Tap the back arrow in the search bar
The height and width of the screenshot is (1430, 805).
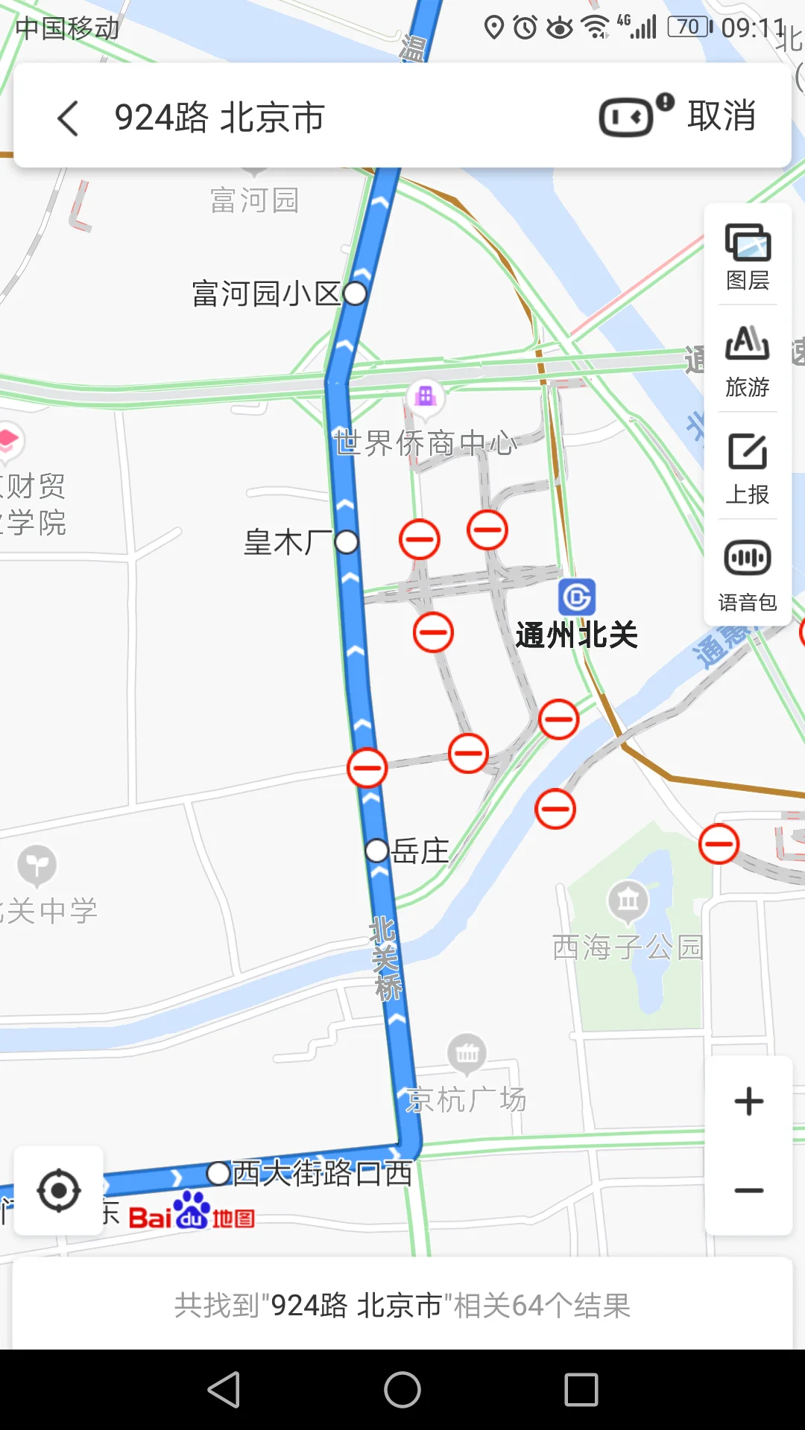coord(68,118)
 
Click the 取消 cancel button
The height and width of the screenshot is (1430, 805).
coord(721,116)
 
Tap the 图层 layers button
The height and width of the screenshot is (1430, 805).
coord(748,256)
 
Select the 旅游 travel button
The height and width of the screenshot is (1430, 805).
coord(748,362)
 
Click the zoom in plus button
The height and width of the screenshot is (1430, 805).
coord(748,1102)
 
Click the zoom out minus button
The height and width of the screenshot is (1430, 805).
coord(748,1190)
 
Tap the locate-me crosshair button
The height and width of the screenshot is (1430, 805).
coord(59,1190)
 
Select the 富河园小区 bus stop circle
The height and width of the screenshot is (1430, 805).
coord(355,293)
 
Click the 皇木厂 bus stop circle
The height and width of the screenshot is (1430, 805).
coord(347,541)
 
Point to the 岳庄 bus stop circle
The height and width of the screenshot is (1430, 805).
coord(377,850)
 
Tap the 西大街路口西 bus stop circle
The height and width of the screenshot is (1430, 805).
coord(218,1173)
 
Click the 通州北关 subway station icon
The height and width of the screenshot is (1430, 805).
coord(577,597)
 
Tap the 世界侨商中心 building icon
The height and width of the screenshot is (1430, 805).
coord(426,395)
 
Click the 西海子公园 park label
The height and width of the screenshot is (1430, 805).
coord(628,947)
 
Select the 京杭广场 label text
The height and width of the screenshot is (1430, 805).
coord(467,1099)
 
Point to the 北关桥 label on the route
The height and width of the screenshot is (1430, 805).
coord(386,958)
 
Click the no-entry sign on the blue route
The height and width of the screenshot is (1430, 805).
coord(367,768)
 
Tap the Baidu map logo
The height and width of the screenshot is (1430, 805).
coord(192,1212)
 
